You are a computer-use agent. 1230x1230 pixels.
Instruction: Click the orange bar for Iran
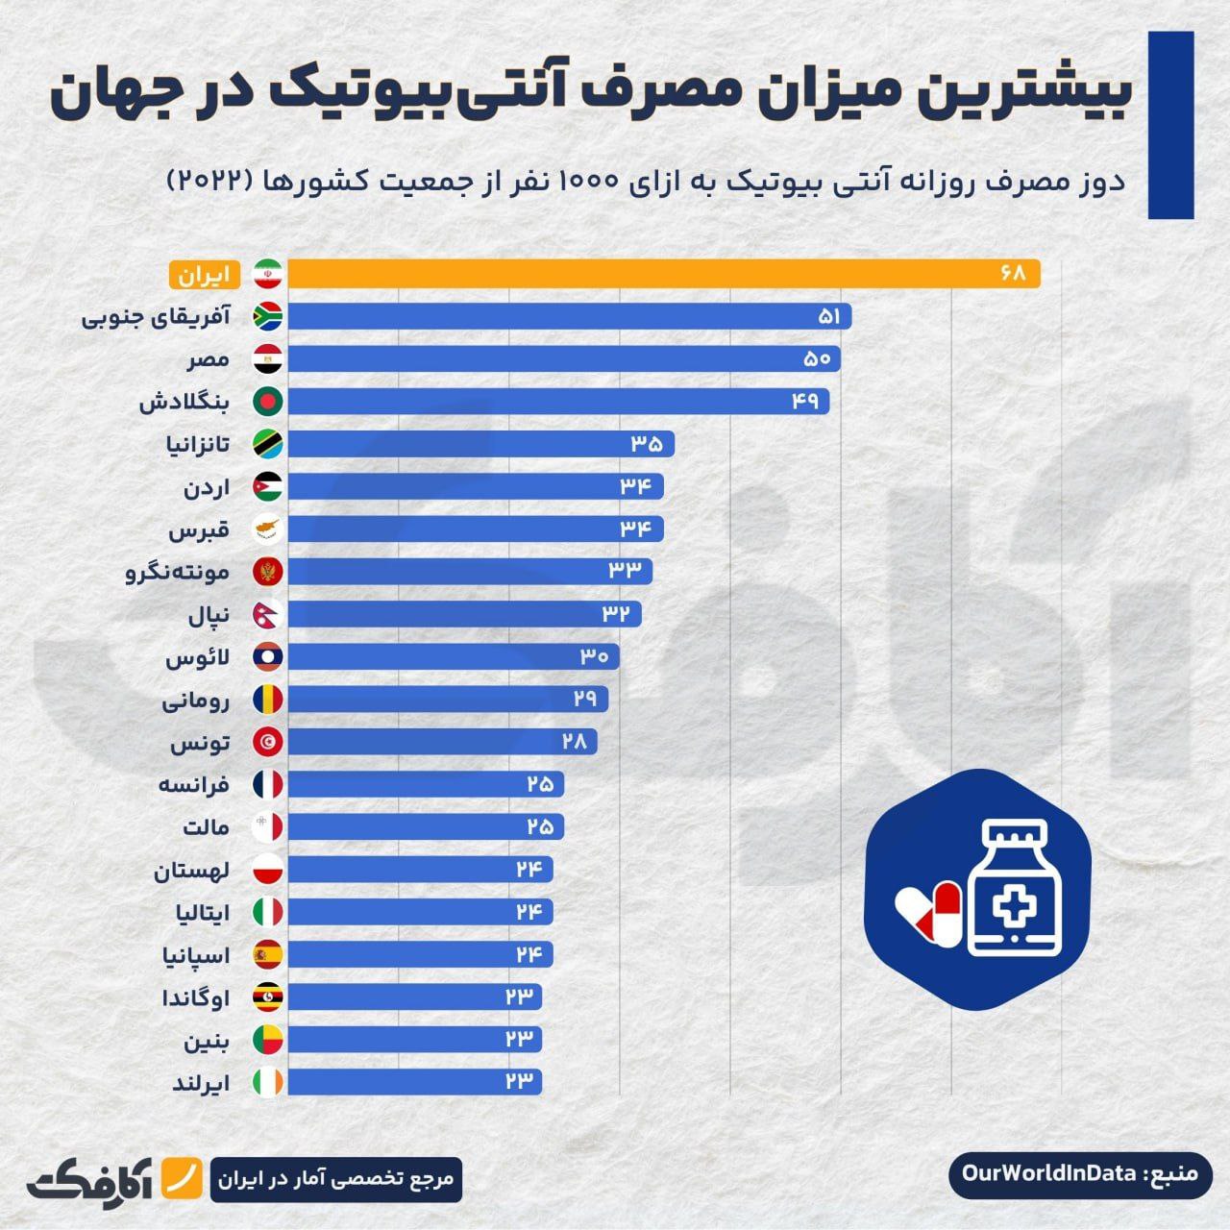click(x=663, y=274)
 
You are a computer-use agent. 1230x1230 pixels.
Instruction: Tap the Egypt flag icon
click(x=267, y=359)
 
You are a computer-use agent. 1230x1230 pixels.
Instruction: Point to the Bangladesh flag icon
click(x=267, y=402)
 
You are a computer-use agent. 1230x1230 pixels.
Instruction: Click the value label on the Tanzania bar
click(x=647, y=444)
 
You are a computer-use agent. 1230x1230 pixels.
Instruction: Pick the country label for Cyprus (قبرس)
click(x=199, y=529)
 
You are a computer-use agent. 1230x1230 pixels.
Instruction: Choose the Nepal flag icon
click(x=267, y=614)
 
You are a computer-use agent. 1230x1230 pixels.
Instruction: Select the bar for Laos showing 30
click(x=453, y=656)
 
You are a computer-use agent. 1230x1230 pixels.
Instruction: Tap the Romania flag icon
click(x=267, y=699)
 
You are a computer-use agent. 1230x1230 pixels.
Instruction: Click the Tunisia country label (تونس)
click(x=200, y=743)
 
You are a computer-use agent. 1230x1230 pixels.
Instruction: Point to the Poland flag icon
click(x=267, y=870)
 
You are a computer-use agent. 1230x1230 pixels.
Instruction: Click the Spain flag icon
click(x=267, y=954)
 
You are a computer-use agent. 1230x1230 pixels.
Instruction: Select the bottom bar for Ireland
click(x=414, y=1081)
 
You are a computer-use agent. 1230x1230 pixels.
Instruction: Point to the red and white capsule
click(x=930, y=913)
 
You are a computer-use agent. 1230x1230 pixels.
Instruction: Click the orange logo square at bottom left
click(x=180, y=1177)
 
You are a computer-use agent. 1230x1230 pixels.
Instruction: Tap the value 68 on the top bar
click(x=1012, y=274)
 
